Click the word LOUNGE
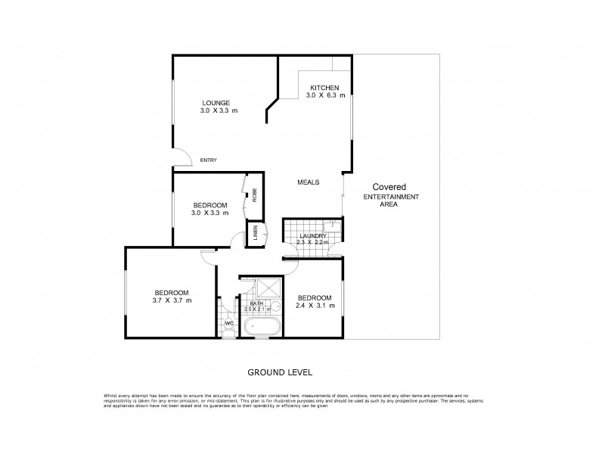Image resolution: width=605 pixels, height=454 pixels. coord(216,103)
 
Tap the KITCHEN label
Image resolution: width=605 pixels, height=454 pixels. coord(325,88)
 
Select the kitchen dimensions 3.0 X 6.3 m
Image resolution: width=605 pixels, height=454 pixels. coord(325,96)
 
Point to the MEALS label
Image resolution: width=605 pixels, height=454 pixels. coord(308,182)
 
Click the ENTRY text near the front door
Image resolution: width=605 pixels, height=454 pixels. coord(209,160)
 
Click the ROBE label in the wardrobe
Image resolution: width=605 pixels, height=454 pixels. coord(255,194)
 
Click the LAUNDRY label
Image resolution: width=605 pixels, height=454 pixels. coord(312,237)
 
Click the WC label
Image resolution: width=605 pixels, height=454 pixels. coord(228,324)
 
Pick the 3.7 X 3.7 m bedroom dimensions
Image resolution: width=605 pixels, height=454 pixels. coord(173,301)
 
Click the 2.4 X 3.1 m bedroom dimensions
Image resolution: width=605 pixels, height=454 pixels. coord(315,306)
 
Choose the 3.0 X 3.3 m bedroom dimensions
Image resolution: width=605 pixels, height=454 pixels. coord(209,213)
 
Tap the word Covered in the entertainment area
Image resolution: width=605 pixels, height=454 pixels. coord(388,187)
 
